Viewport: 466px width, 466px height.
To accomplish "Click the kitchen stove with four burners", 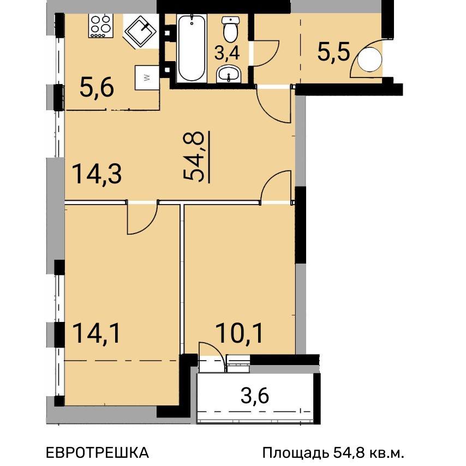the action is click(100, 26).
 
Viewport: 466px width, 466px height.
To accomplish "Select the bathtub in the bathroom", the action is click(192, 48).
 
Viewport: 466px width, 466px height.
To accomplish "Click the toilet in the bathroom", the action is click(230, 29).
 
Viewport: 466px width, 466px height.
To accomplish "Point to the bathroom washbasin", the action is click(229, 74).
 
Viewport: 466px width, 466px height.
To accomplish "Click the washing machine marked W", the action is click(147, 77).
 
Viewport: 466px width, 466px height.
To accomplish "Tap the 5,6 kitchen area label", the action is click(97, 88).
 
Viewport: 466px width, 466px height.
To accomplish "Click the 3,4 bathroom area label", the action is click(227, 53).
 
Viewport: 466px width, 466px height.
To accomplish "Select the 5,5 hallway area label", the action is click(333, 52).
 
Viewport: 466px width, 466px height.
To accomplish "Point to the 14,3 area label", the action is click(97, 174).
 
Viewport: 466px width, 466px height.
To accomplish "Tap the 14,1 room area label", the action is click(96, 333).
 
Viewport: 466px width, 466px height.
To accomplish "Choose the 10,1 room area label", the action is click(240, 333).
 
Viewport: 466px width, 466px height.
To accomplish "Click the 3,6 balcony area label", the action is click(255, 396).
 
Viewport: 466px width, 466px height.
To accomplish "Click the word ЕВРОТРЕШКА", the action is click(97, 452).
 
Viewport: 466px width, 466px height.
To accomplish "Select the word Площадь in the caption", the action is click(296, 453).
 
